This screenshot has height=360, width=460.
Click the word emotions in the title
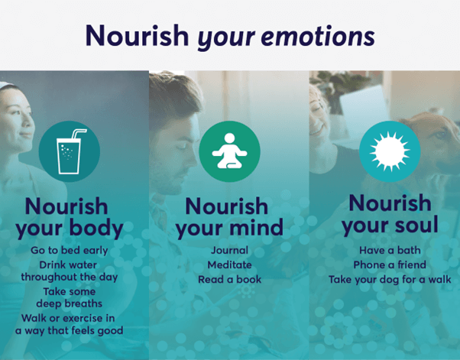318,37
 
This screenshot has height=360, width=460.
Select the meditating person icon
230,151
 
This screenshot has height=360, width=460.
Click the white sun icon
390,151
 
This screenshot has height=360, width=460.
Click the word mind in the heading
254,227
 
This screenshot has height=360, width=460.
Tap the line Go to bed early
70,250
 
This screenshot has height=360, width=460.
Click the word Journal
229,250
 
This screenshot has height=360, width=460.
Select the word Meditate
229,264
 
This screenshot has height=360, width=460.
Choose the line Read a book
229,279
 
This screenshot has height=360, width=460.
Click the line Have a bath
390,250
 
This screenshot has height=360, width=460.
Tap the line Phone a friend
390,264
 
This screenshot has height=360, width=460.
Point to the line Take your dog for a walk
390,280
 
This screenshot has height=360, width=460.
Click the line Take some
70,291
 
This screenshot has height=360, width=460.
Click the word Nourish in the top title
137,35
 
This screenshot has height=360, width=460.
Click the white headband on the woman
7,86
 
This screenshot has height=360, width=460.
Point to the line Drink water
68,265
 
